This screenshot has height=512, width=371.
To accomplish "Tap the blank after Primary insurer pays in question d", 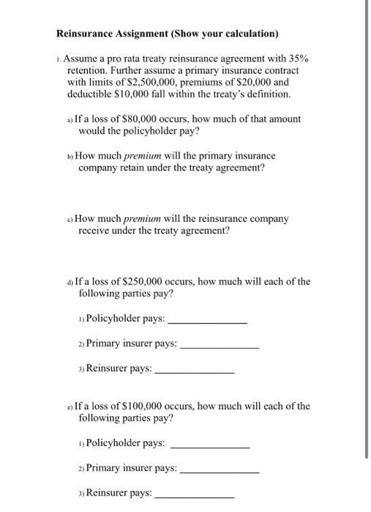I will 219,345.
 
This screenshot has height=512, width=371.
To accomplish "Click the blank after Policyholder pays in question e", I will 209,444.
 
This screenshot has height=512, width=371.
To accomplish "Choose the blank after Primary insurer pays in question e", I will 219,469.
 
